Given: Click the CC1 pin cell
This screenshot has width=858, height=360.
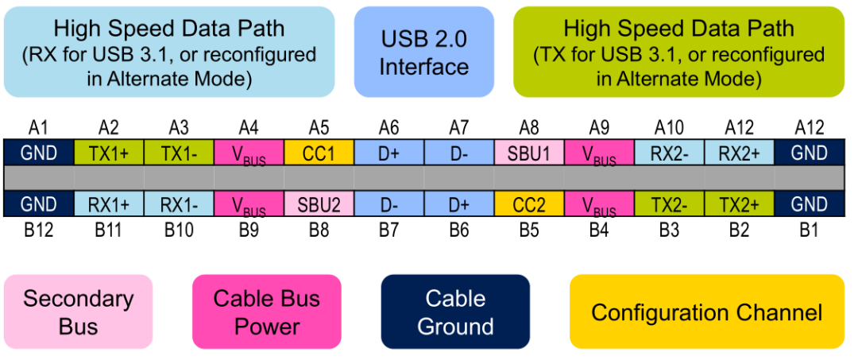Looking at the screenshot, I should (x=319, y=153).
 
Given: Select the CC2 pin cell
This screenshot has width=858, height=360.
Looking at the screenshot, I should (x=529, y=204).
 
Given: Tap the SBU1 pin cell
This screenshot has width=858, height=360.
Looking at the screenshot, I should (x=529, y=153).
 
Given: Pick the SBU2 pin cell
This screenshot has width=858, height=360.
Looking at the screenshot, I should (x=319, y=204).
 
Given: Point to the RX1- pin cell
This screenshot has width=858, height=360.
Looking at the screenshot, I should (x=178, y=204).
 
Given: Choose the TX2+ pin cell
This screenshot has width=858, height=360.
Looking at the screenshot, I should (x=739, y=204).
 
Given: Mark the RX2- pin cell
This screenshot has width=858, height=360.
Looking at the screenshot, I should (x=669, y=153).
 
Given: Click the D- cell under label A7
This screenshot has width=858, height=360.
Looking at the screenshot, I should (x=458, y=153).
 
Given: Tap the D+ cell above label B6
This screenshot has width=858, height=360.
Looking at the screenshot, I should (x=458, y=204).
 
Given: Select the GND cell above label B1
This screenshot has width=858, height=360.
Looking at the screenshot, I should (x=810, y=204).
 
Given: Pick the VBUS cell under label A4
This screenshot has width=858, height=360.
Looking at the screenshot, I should (x=249, y=153).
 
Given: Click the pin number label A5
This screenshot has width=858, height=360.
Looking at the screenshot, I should (x=319, y=127).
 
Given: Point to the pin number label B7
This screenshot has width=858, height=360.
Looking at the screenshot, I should (x=388, y=231).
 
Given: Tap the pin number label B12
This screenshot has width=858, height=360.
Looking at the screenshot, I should (x=38, y=231).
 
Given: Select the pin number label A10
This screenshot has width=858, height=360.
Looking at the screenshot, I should (x=669, y=127).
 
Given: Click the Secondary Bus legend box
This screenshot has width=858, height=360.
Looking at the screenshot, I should (x=78, y=312).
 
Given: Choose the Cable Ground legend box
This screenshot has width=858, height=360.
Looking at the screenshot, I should (x=455, y=312).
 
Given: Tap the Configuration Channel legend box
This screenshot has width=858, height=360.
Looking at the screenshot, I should (x=706, y=312).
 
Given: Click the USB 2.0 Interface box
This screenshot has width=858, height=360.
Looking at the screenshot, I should (x=423, y=52).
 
